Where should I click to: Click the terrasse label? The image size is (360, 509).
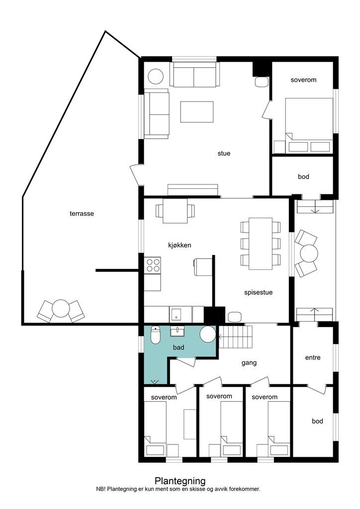[x=82, y=214]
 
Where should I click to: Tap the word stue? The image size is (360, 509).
[x=224, y=153]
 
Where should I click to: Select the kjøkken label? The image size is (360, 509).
[x=180, y=246]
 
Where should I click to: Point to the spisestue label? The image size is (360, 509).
[x=259, y=292]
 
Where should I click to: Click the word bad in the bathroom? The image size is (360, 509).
[x=179, y=347]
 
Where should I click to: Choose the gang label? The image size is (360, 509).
[x=249, y=363]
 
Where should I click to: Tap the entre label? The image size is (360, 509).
[x=313, y=357]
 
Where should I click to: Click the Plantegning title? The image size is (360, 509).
[x=180, y=481]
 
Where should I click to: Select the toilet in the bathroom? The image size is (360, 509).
[x=156, y=335]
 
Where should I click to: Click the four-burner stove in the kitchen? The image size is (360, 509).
[x=153, y=264]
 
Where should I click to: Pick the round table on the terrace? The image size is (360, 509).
[x=60, y=308]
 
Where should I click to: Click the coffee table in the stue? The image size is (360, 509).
[x=197, y=112]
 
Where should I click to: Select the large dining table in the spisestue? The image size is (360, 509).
[x=261, y=244]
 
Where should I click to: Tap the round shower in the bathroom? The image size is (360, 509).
[x=208, y=334]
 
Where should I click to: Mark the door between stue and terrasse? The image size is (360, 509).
[x=136, y=174]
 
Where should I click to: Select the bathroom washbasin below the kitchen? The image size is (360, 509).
[x=177, y=331]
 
